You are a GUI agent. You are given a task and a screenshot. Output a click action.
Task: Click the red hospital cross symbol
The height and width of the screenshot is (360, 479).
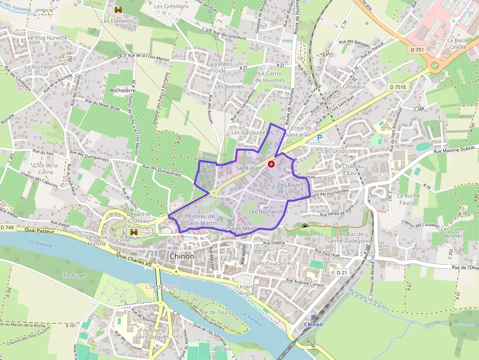(271, 165)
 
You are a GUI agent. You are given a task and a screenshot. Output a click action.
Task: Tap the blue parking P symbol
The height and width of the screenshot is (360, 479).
(320, 138)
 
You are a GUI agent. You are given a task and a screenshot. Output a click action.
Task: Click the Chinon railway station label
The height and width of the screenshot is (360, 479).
(313, 324)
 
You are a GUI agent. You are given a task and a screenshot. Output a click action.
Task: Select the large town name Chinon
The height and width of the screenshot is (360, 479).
(181, 256)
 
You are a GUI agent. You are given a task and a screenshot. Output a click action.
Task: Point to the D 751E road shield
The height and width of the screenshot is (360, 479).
(398, 86)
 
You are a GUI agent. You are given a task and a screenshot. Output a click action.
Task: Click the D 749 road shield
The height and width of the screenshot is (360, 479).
(7, 228)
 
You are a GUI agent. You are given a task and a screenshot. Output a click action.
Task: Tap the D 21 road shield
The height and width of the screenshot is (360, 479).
(341, 272)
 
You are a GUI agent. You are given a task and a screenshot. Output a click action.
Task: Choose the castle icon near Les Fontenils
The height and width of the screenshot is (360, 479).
(118, 10)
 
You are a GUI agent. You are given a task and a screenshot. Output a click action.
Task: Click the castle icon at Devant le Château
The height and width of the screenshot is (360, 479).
(133, 232)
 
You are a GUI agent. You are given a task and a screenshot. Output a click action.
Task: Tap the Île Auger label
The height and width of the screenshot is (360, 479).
(75, 275)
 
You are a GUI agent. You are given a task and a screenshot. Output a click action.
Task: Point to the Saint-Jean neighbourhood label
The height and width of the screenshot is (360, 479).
(248, 168)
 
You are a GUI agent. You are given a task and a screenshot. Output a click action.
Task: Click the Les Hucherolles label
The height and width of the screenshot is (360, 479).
(268, 212)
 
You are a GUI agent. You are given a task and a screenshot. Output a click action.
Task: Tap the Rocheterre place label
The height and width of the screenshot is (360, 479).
(123, 91)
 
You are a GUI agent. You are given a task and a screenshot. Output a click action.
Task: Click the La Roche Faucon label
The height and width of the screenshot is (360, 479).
(408, 199)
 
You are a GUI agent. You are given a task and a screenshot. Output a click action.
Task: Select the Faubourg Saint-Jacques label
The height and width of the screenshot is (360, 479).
(152, 333)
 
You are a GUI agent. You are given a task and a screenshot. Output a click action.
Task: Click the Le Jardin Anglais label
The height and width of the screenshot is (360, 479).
(247, 290)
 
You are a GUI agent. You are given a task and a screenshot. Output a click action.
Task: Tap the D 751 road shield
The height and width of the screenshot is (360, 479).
(417, 49)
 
